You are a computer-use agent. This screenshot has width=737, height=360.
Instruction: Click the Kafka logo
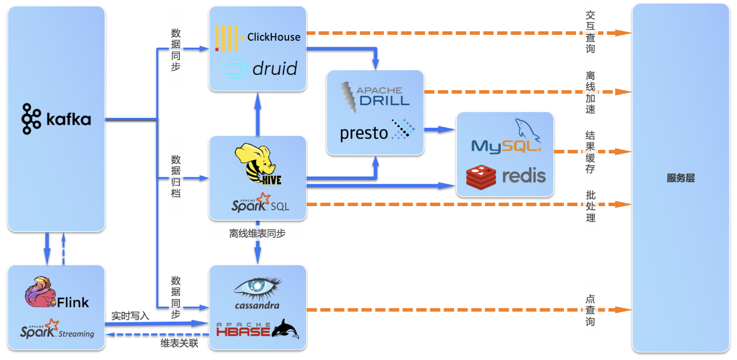tap(56, 119)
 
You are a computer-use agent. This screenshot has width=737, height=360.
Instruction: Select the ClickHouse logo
tap(258, 37)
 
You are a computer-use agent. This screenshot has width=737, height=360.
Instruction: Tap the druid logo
tap(259, 69)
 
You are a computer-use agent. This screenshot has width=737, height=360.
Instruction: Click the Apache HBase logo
tap(257, 329)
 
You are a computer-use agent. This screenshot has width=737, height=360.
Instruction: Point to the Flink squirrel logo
tap(56, 294)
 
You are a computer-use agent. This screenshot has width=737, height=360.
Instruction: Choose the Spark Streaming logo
tap(57, 329)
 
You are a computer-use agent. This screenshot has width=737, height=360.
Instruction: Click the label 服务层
tap(680, 179)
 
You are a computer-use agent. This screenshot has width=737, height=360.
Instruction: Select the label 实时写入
tap(131, 316)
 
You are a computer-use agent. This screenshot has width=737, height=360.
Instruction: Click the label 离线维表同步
tap(257, 233)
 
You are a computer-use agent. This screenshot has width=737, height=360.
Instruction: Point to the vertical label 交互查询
tap(590, 33)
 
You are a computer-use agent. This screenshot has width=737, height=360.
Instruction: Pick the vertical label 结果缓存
tap(590, 152)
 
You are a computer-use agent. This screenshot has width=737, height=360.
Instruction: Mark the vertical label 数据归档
tap(176, 176)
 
